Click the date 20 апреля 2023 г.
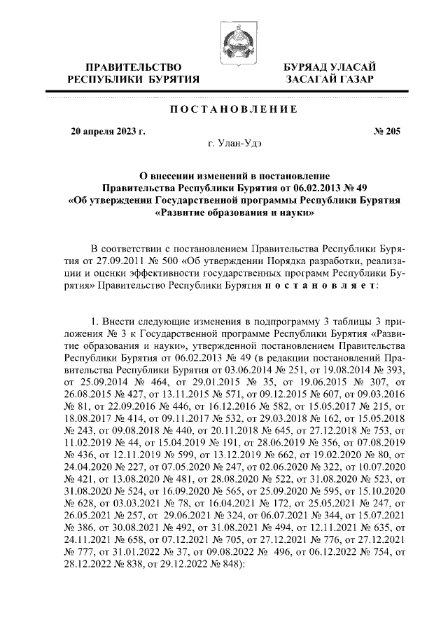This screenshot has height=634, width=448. (x=108, y=131)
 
